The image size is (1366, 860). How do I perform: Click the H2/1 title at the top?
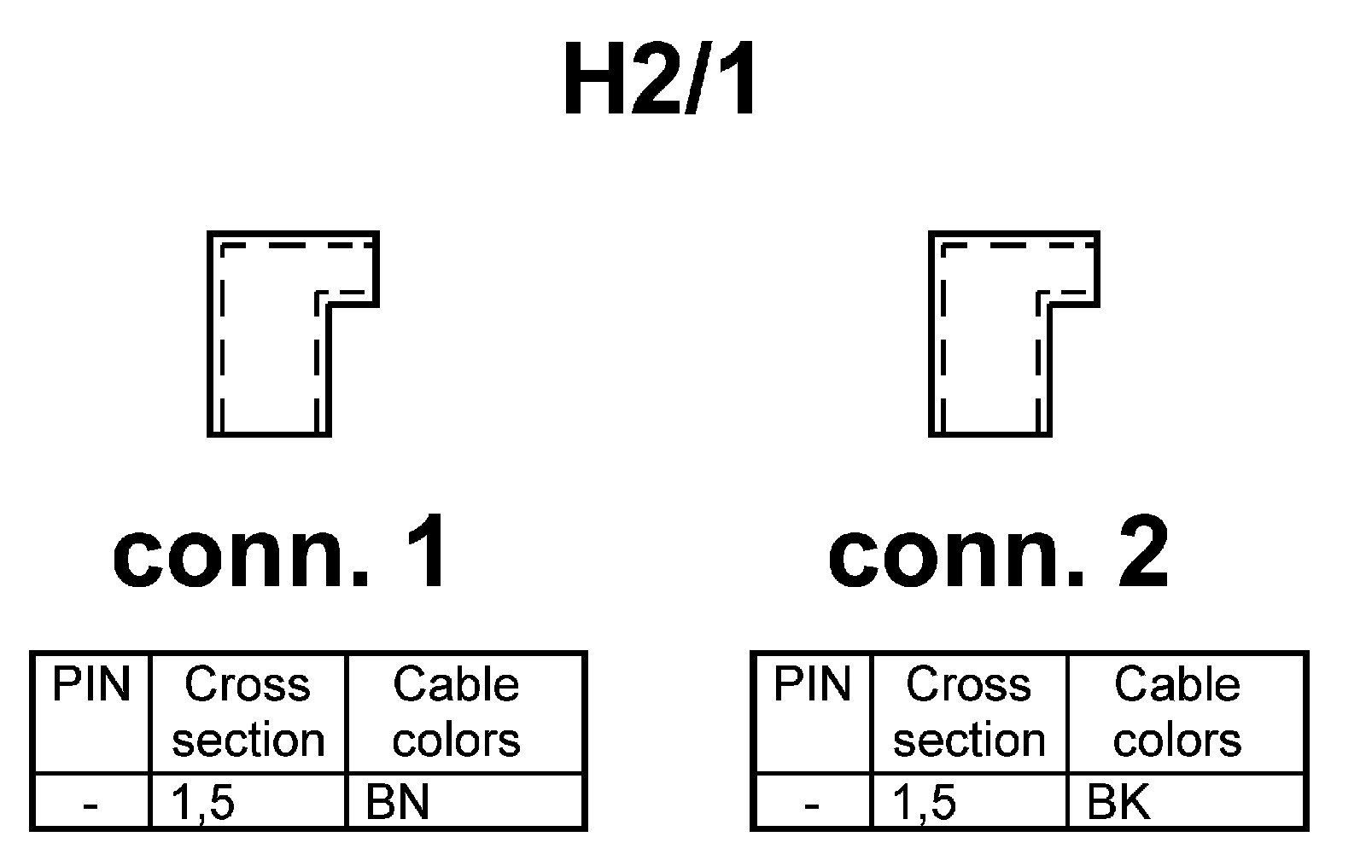click(x=660, y=81)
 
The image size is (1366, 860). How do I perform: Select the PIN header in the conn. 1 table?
click(x=91, y=685)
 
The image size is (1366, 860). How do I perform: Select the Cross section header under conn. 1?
click(x=248, y=712)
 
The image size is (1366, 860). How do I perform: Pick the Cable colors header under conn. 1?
click(x=456, y=712)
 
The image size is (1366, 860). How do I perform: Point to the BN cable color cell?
click(x=397, y=803)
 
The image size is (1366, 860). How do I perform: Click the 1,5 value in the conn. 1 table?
click(x=203, y=803)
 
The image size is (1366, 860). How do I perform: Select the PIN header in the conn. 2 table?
click(x=812, y=685)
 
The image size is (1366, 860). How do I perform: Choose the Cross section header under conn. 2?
click(x=969, y=712)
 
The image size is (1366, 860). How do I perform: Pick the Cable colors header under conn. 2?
click(x=1176, y=712)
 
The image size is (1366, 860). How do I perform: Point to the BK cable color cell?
click(x=1118, y=803)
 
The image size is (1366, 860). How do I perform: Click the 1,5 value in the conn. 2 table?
click(x=925, y=803)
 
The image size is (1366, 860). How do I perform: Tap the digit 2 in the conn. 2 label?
click(x=1142, y=555)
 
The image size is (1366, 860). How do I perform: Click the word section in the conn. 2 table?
click(x=969, y=740)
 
